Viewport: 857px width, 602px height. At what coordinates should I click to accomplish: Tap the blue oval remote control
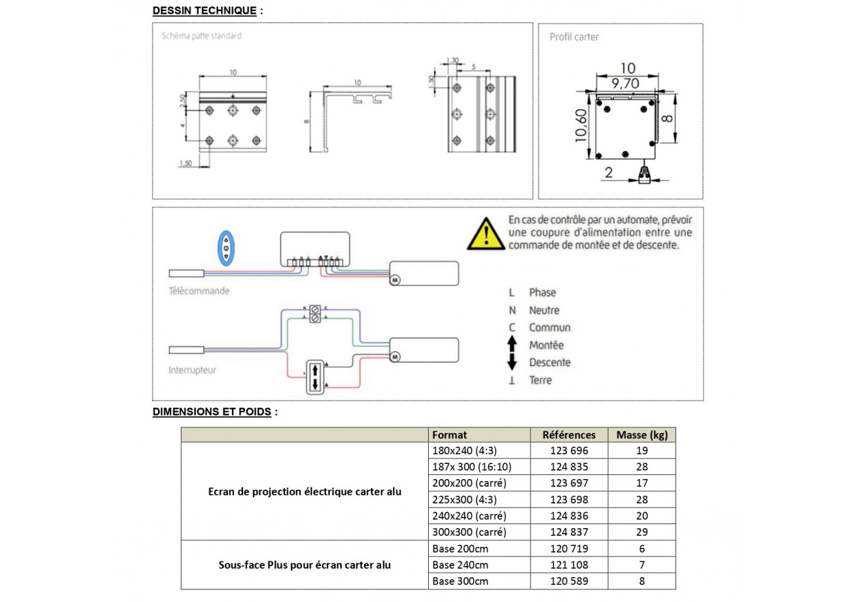[227, 247]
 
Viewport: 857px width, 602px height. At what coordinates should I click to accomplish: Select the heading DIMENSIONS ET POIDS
[212, 412]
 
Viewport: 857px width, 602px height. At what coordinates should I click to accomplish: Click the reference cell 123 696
[569, 451]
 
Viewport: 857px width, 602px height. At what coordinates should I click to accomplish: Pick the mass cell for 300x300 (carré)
[642, 532]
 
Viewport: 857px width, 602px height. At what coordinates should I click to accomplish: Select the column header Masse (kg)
[642, 435]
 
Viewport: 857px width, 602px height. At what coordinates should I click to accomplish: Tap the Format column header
[450, 435]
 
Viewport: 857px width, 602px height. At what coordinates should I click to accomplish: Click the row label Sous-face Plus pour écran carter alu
[305, 565]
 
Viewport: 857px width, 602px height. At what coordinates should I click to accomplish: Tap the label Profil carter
[574, 37]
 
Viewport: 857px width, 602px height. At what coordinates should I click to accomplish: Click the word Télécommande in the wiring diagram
[199, 291]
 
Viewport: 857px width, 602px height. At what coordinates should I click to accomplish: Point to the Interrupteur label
[192, 370]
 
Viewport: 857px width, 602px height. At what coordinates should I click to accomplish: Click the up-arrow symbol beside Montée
[512, 344]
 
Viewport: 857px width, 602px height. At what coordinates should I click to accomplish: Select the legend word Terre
[540, 380]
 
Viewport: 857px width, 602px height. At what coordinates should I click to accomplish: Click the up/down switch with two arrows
[314, 377]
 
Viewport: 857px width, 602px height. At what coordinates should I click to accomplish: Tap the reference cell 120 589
[569, 581]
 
